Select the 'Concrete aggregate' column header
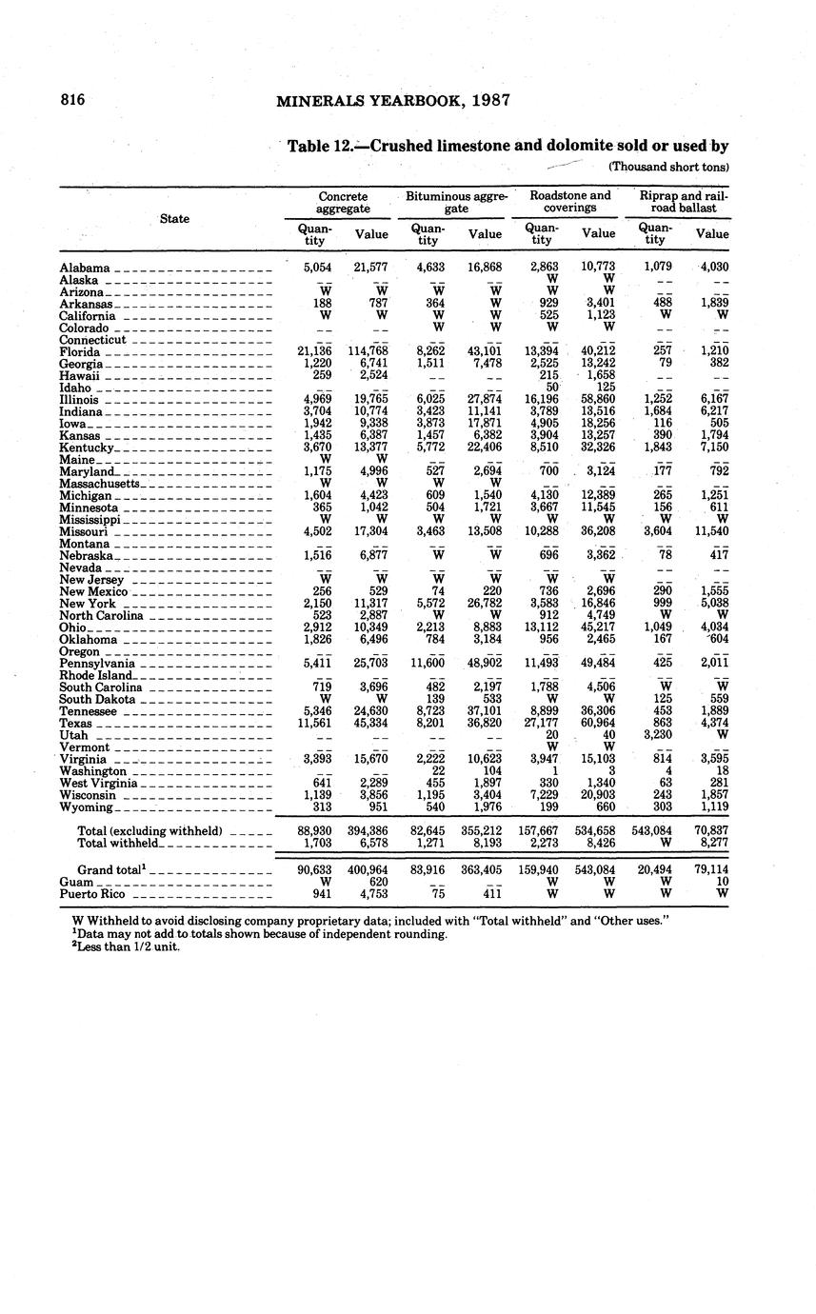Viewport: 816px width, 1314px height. click(344, 202)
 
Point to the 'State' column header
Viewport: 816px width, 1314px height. click(174, 219)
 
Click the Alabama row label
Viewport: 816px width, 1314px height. click(85, 269)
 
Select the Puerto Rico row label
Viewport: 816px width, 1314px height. click(94, 895)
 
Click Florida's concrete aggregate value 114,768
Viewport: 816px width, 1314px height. click(368, 352)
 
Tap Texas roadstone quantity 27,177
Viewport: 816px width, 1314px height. click(542, 724)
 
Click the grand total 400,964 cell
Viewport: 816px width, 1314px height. click(368, 870)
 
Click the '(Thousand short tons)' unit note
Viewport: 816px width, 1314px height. click(668, 167)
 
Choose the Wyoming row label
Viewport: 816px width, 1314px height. click(86, 807)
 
